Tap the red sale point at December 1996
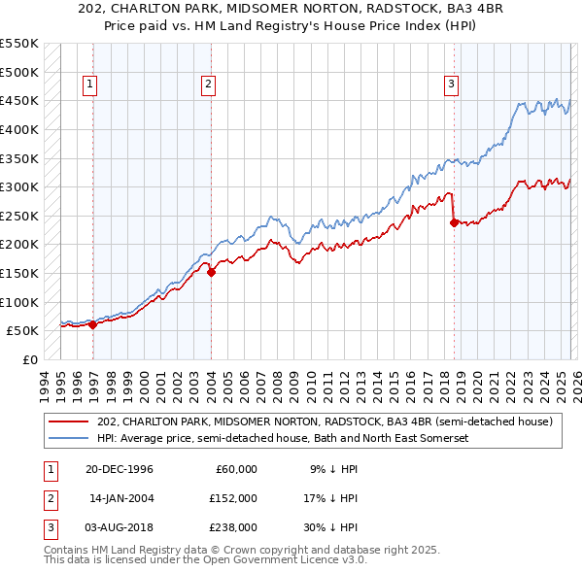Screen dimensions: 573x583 pyautogui.click(x=93, y=325)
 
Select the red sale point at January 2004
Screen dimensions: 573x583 pyautogui.click(x=211, y=273)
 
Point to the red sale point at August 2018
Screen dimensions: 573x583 pyautogui.click(x=454, y=222)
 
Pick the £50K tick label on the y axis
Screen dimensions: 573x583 pyautogui.click(x=23, y=330)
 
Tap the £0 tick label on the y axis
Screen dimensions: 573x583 pyautogui.click(x=29, y=359)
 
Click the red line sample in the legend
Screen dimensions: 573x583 pyautogui.click(x=70, y=421)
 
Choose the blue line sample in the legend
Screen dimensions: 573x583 pyautogui.click(x=70, y=439)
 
